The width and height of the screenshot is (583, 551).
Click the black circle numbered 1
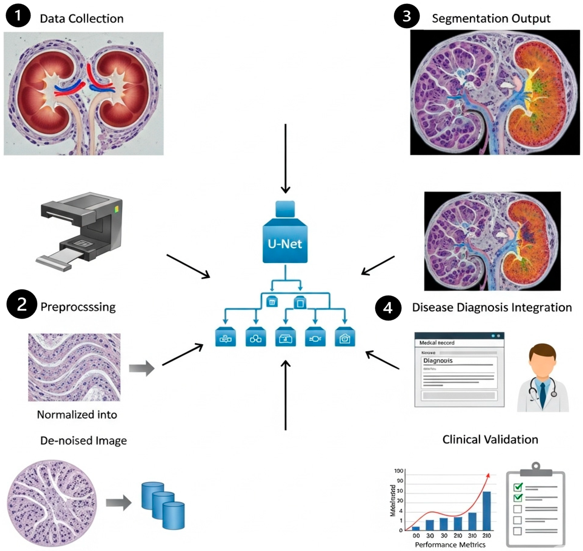[x=18, y=15]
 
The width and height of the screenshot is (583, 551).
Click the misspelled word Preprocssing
[x=78, y=307]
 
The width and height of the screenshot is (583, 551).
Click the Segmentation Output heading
[x=491, y=18]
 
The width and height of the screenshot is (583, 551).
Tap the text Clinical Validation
[x=490, y=439]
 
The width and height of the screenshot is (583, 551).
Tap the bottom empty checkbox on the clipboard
[x=517, y=531]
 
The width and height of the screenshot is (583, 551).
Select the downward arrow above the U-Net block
[x=285, y=159]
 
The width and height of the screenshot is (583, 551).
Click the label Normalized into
[x=77, y=415]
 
